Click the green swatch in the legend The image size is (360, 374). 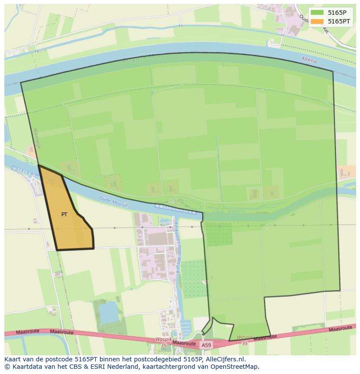pyautogui.click(x=317, y=12)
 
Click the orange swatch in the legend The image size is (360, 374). pyautogui.click(x=317, y=21)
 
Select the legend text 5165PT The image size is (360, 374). pyautogui.click(x=339, y=21)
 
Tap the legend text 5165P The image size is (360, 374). pyautogui.click(x=337, y=12)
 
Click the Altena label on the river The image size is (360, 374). pyautogui.click(x=309, y=60)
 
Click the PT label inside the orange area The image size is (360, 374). pyautogui.click(x=64, y=215)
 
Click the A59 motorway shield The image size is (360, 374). pyautogui.click(x=206, y=345)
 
